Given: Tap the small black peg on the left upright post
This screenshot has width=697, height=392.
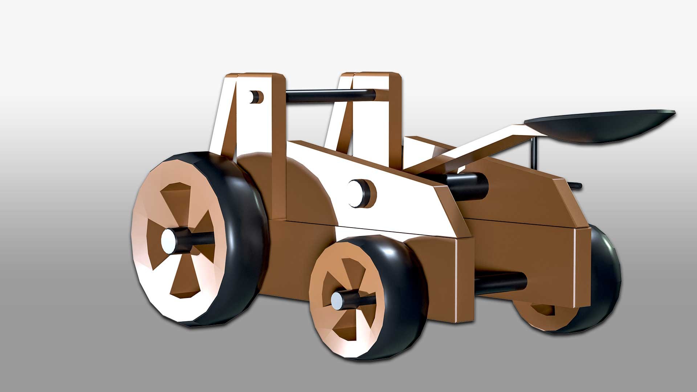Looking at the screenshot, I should (x=257, y=97).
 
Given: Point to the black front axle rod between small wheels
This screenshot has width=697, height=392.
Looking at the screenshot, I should (x=501, y=281).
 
